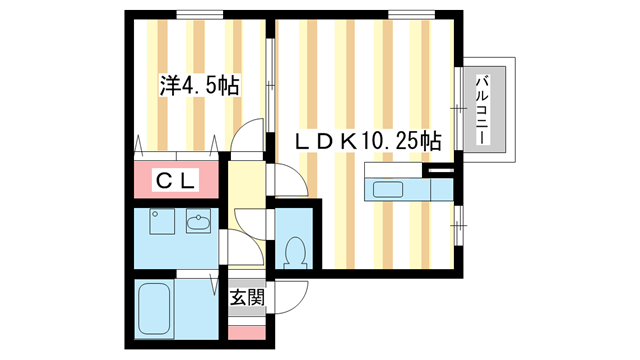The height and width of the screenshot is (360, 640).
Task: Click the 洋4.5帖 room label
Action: pyautogui.click(x=198, y=86)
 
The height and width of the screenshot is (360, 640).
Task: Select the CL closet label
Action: pyautogui.click(x=175, y=181)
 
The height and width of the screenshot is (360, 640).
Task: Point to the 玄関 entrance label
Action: pyautogui.click(x=247, y=297)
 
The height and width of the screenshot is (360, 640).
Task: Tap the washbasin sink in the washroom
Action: pyautogui.click(x=198, y=224)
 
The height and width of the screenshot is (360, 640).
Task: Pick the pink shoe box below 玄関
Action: pyautogui.click(x=247, y=330)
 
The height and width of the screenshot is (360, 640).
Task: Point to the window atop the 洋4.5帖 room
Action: pyautogui.click(x=195, y=14)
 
